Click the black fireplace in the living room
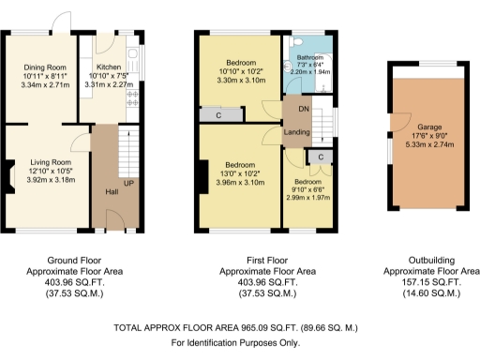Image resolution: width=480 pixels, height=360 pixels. click(7, 173)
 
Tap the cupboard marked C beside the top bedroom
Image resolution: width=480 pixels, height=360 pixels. click(218, 115)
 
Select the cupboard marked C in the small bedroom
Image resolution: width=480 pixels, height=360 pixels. click(321, 157)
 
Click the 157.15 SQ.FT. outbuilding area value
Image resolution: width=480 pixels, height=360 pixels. click(428, 281)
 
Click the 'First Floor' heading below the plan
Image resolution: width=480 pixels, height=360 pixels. click(239, 260)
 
